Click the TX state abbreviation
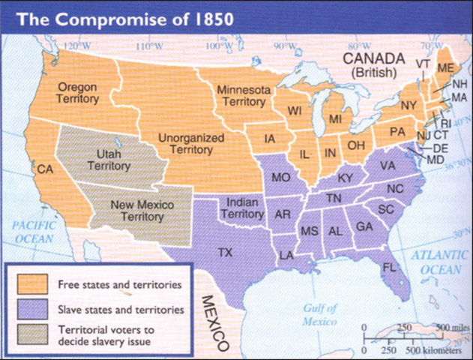224,253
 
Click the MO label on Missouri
281,178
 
